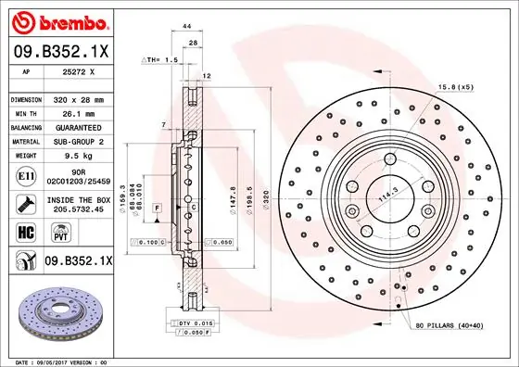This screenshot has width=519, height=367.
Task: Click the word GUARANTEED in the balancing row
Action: pyautogui.click(x=79, y=128)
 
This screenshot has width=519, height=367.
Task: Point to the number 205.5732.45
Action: pyautogui.click(x=79, y=209)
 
